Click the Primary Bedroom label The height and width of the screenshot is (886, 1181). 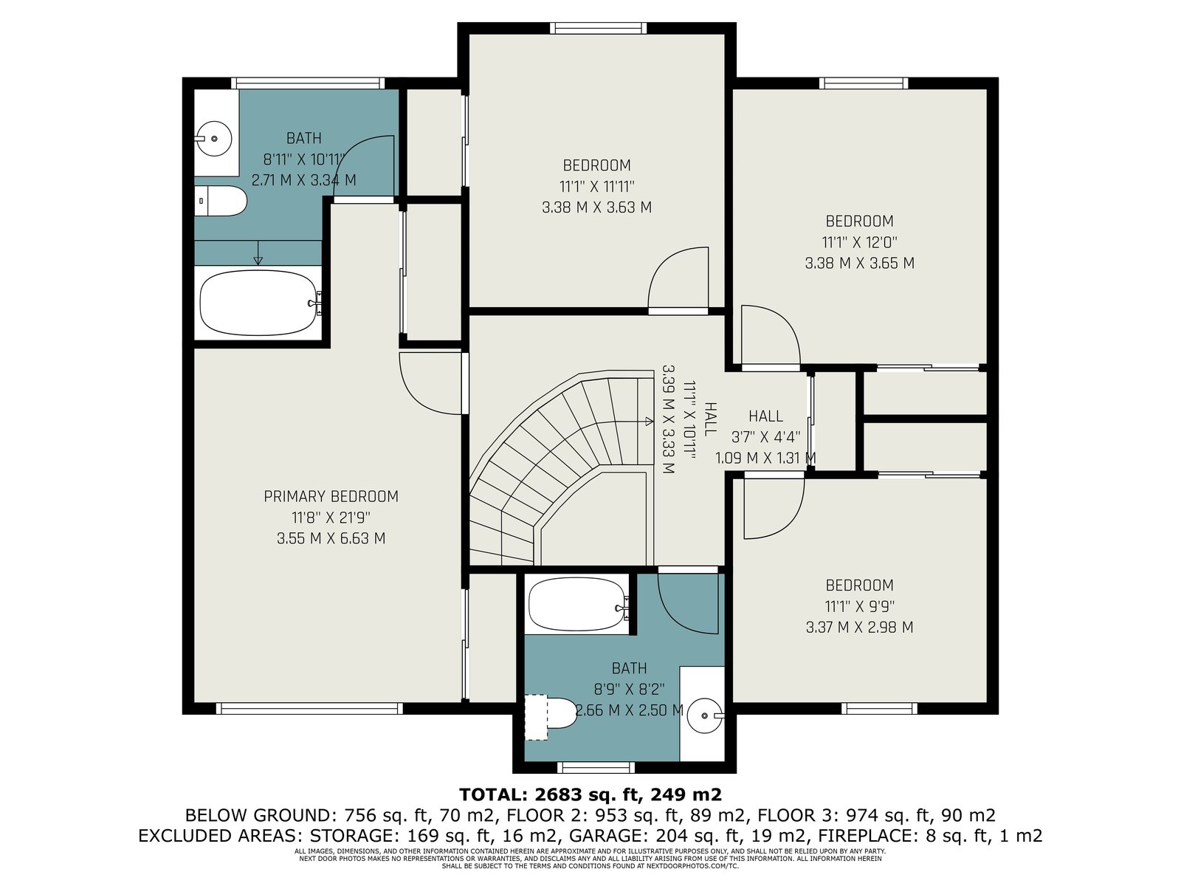[x=331, y=496]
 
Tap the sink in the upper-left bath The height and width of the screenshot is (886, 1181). [x=213, y=139]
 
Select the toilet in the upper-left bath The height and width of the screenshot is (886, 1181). [x=220, y=201]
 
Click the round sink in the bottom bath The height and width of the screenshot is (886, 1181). [x=706, y=715]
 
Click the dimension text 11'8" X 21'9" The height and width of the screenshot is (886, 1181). [x=331, y=518]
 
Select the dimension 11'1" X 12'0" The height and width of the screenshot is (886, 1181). [x=859, y=242]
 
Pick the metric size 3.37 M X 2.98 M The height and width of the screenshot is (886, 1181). [x=859, y=628]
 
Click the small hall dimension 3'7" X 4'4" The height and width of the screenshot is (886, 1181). [x=765, y=436]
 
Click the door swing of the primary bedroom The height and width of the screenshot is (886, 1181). [x=430, y=383]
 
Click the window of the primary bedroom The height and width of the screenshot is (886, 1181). [x=309, y=709]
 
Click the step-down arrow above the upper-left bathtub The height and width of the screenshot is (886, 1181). [x=258, y=253]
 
